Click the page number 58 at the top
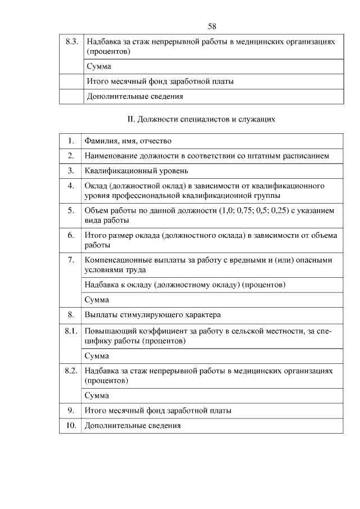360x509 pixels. pos(212,26)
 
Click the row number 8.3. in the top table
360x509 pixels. pos(71,42)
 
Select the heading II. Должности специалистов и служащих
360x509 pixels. pos(202,119)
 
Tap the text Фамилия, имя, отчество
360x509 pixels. pos(128,141)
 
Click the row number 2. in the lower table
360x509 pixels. pos(71,155)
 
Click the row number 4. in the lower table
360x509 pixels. pos(71,185)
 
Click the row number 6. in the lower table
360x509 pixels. pos(71,235)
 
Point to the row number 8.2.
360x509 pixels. pos(71,371)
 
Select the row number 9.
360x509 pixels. pos(71,411)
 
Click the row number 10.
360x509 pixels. pos(71,425)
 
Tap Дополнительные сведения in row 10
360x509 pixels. pos(133,426)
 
